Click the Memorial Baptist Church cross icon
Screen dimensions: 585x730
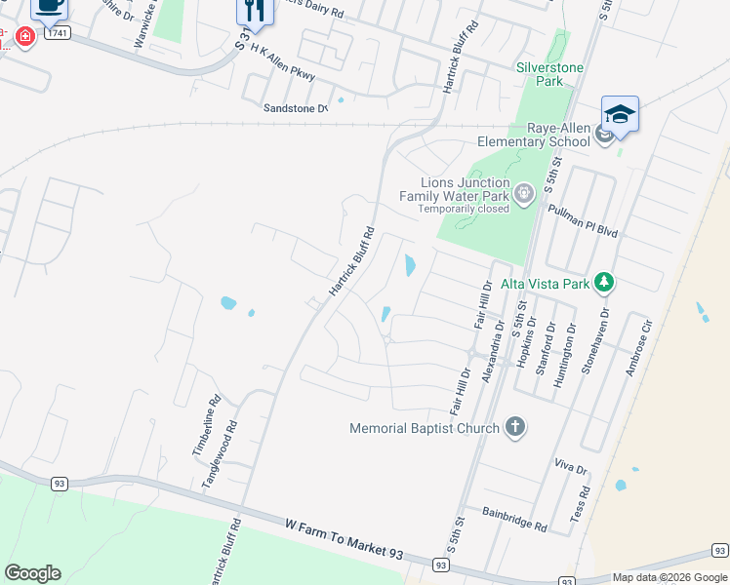515,427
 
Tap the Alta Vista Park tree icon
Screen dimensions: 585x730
605,283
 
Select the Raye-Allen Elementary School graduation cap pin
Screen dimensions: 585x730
620,115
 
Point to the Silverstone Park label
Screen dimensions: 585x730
553,74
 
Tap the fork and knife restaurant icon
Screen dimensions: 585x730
252,11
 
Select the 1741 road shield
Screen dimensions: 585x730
59,33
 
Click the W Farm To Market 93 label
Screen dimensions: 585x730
344,538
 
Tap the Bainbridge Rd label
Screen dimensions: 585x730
514,517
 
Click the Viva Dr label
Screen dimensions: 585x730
570,469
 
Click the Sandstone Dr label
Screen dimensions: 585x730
295,108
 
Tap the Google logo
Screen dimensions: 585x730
32,573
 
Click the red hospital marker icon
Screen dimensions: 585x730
24,37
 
